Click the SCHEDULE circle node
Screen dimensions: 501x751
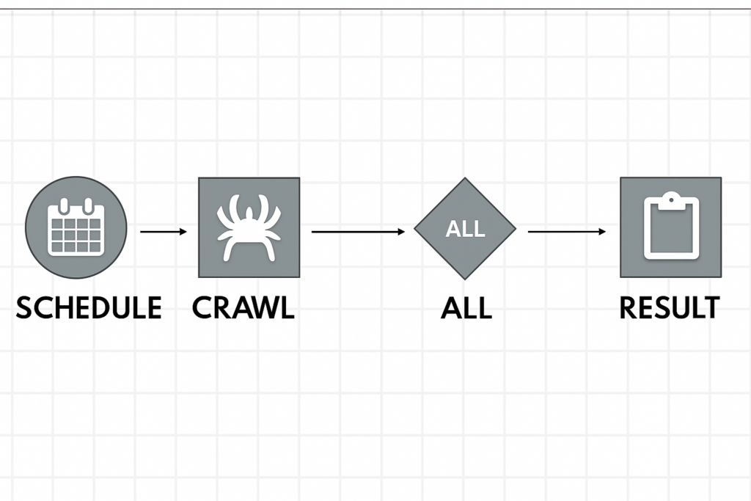[76, 227]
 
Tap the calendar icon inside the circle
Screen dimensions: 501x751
[76, 228]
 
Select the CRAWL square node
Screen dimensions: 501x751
[249, 227]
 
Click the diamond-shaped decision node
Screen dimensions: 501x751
[465, 228]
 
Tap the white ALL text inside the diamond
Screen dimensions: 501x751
[465, 229]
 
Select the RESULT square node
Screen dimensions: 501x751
[670, 227]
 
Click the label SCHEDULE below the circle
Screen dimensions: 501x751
[89, 307]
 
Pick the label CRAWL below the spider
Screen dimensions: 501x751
[243, 307]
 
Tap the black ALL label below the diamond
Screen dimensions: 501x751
[466, 307]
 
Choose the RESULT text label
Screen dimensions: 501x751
[669, 307]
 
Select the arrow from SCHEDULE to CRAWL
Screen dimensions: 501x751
[163, 232]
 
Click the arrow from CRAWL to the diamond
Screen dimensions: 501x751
[358, 232]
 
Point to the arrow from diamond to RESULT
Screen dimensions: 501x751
[567, 232]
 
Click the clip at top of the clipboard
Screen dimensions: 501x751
[670, 198]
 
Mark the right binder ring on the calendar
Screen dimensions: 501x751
[88, 205]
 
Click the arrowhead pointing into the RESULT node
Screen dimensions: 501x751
[602, 232]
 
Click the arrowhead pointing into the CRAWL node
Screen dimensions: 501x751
[183, 232]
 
